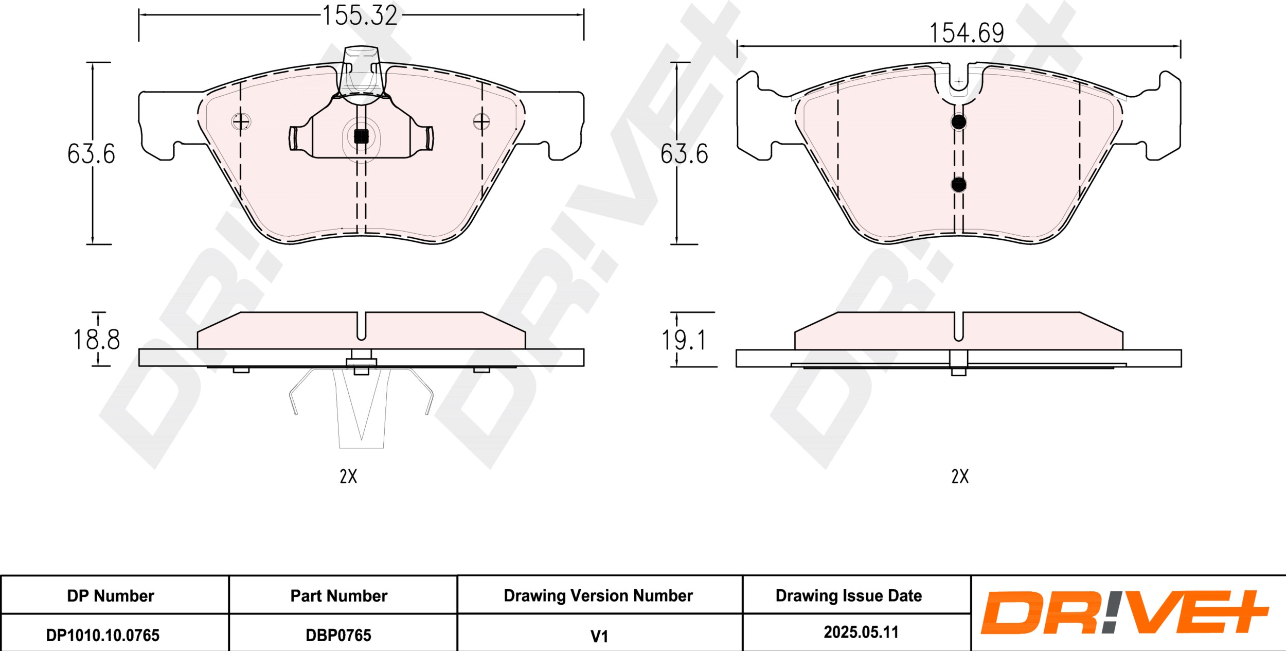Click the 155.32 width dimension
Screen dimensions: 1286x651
(360, 15)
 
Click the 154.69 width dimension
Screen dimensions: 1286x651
(967, 33)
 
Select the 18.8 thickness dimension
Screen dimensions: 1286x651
(96, 340)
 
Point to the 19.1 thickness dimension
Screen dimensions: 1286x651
(684, 340)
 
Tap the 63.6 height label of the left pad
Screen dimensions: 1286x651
(91, 154)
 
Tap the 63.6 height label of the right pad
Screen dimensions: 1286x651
(684, 154)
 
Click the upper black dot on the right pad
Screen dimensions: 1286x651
(958, 122)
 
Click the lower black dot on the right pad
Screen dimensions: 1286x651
(958, 185)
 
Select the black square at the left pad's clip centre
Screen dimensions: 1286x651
(361, 136)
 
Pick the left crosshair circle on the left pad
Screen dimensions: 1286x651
(241, 122)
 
